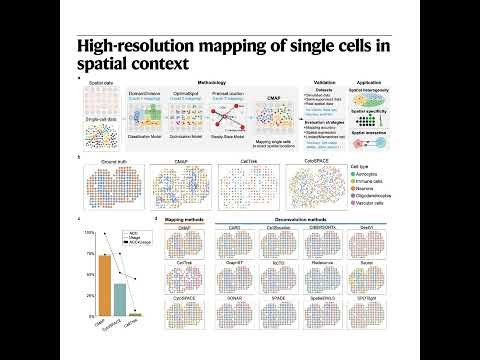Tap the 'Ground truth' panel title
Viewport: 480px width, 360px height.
coord(102,158)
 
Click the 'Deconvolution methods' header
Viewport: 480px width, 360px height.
coord(307,219)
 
